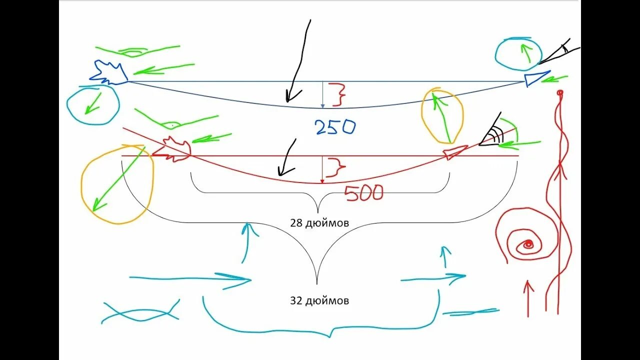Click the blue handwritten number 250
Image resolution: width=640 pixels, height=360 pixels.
335,127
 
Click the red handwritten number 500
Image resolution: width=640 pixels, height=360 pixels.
364,192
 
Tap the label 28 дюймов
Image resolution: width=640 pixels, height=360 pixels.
319,223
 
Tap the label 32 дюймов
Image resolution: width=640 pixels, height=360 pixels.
319,300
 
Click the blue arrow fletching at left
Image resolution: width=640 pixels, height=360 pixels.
109,73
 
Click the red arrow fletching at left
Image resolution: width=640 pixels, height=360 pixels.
172,149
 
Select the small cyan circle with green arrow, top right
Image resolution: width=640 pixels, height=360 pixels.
518,53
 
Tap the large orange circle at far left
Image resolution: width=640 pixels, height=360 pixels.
117,184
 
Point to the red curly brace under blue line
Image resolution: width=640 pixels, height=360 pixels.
337,94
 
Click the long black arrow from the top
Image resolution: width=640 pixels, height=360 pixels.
299,60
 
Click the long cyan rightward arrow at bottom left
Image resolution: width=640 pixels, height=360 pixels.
190,278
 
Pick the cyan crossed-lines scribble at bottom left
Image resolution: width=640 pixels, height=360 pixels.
140,312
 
